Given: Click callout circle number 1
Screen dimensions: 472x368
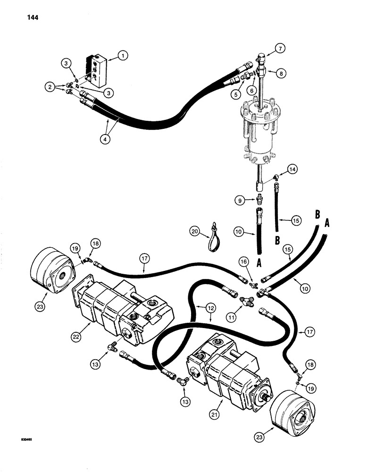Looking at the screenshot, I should pos(124,56).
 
